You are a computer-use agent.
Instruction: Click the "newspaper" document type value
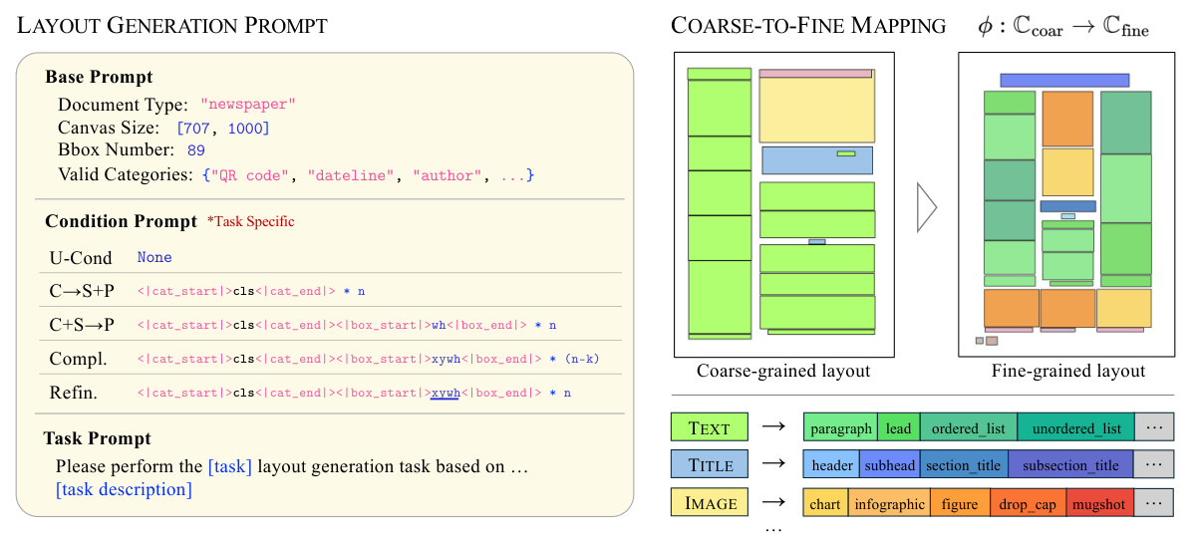click(248, 105)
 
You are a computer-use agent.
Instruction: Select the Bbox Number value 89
click(195, 151)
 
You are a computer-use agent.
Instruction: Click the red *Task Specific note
click(250, 221)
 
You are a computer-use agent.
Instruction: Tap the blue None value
click(154, 257)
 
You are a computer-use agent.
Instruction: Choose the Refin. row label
click(73, 393)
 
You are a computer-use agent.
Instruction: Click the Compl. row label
click(78, 358)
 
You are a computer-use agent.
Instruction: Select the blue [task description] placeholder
click(124, 489)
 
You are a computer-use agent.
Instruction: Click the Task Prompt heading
click(98, 438)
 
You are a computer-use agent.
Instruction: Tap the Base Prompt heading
click(100, 77)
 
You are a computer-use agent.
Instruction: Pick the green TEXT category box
click(710, 428)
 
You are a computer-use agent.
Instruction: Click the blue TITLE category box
click(710, 465)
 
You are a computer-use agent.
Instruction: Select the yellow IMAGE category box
click(710, 503)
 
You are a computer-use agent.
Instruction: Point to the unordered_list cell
click(1076, 428)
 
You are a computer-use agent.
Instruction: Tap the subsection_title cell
click(1070, 465)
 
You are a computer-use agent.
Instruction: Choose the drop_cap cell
click(1028, 504)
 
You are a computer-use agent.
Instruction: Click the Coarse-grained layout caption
click(783, 372)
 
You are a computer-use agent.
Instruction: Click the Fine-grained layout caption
click(1068, 372)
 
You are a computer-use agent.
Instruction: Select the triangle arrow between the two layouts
click(927, 207)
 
